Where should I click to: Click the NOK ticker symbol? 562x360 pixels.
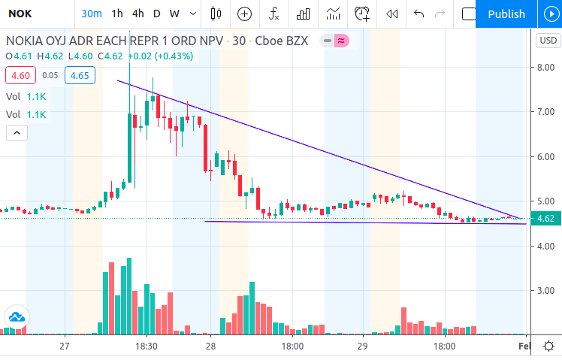tap(20, 14)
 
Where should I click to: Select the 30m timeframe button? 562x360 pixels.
tap(92, 14)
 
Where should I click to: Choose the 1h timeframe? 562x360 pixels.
tap(117, 14)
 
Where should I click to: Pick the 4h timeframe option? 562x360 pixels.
tap(138, 14)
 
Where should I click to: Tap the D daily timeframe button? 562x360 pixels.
tap(156, 14)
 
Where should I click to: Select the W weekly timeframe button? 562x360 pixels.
tap(174, 14)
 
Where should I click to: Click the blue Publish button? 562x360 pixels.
tap(506, 14)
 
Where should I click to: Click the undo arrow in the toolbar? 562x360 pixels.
tap(418, 14)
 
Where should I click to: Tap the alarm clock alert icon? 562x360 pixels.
tap(362, 14)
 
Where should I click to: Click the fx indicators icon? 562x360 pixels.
tap(273, 14)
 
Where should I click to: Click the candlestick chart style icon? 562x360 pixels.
tap(216, 14)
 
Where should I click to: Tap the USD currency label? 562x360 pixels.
tap(548, 40)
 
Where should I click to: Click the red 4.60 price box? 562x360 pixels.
tap(20, 75)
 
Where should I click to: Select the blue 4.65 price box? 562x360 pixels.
tap(80, 75)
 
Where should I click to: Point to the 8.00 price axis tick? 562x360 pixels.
tap(545, 68)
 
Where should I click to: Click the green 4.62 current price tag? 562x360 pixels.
tap(545, 219)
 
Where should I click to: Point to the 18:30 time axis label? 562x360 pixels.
tap(147, 346)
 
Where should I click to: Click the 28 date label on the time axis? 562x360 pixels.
tap(210, 346)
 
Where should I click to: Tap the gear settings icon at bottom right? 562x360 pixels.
tap(548, 346)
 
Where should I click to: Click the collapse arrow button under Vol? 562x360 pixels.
tap(17, 133)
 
